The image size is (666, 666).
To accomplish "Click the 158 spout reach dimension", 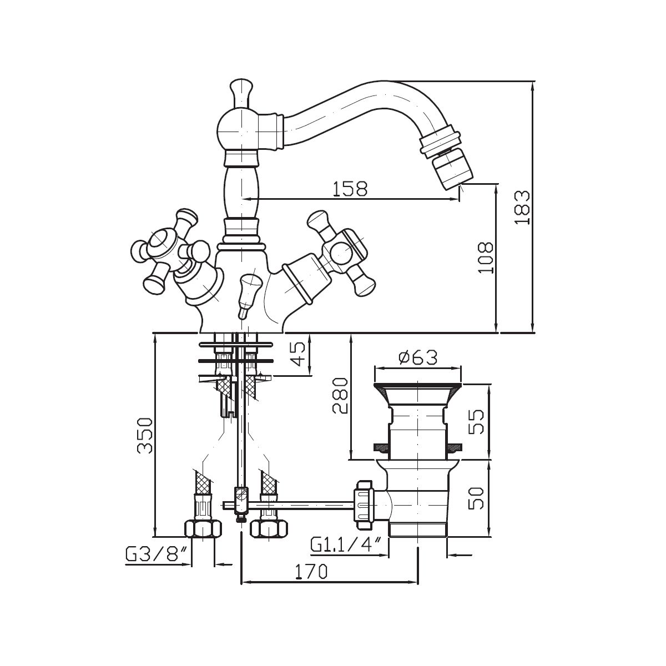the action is pos(349,189).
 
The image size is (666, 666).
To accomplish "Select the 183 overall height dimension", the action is pos(522,208).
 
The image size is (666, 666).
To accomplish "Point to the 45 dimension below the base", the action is pos(298,354).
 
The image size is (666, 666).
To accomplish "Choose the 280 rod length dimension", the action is pos(340,395).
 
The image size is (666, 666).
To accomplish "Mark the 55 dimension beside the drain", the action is pos(475,421).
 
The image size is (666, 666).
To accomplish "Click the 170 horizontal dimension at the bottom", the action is pos(311,571).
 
